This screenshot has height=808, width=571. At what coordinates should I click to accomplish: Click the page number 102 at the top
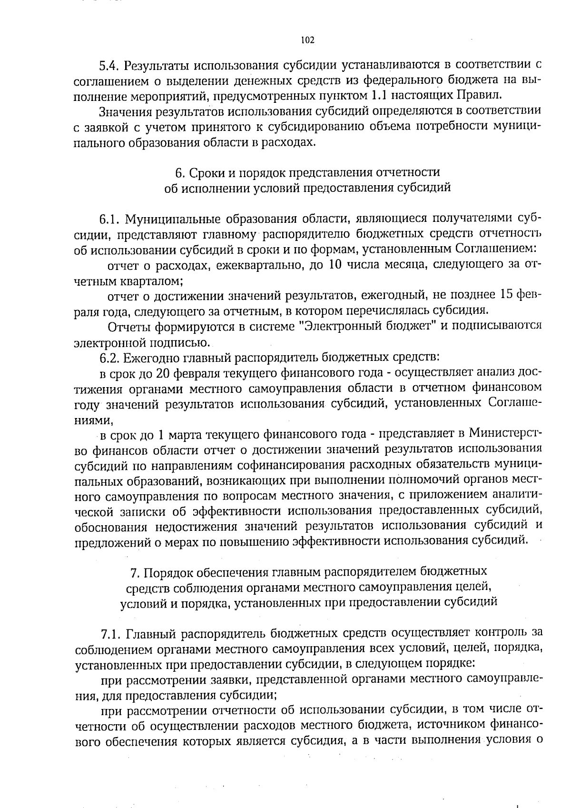[x=308, y=40]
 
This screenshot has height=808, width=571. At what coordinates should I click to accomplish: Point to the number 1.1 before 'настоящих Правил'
[x=378, y=95]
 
